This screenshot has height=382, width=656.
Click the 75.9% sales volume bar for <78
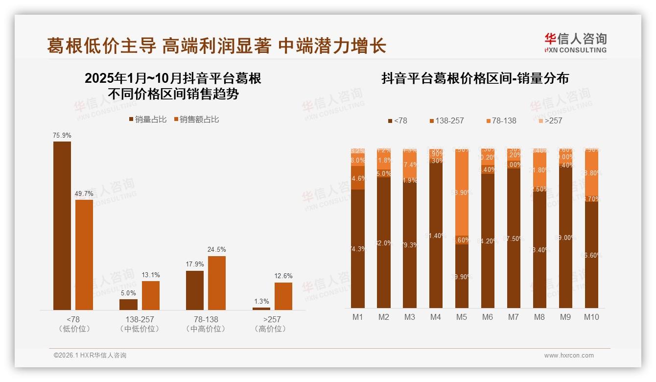[62, 225]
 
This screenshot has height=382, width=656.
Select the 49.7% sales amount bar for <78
[84, 255]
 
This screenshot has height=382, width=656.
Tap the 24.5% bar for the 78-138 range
[217, 283]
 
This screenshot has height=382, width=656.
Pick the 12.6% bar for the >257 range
[283, 296]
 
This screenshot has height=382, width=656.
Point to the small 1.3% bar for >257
[261, 309]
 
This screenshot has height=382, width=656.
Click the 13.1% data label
[150, 275]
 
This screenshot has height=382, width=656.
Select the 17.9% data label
[194, 264]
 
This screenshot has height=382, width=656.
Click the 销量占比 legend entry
[147, 119]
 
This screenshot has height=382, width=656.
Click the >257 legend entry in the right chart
[550, 120]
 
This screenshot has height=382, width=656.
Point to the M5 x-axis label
[461, 317]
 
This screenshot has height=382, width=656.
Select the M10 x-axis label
[591, 317]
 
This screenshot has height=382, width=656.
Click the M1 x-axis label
[358, 317]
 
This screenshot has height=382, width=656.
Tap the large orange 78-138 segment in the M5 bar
[462, 193]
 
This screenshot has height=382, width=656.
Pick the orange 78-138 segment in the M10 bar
[591, 174]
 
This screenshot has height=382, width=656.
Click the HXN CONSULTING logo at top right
[575, 43]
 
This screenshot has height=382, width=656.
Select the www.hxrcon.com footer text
[569, 356]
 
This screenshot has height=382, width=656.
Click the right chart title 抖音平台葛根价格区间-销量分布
[475, 79]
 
